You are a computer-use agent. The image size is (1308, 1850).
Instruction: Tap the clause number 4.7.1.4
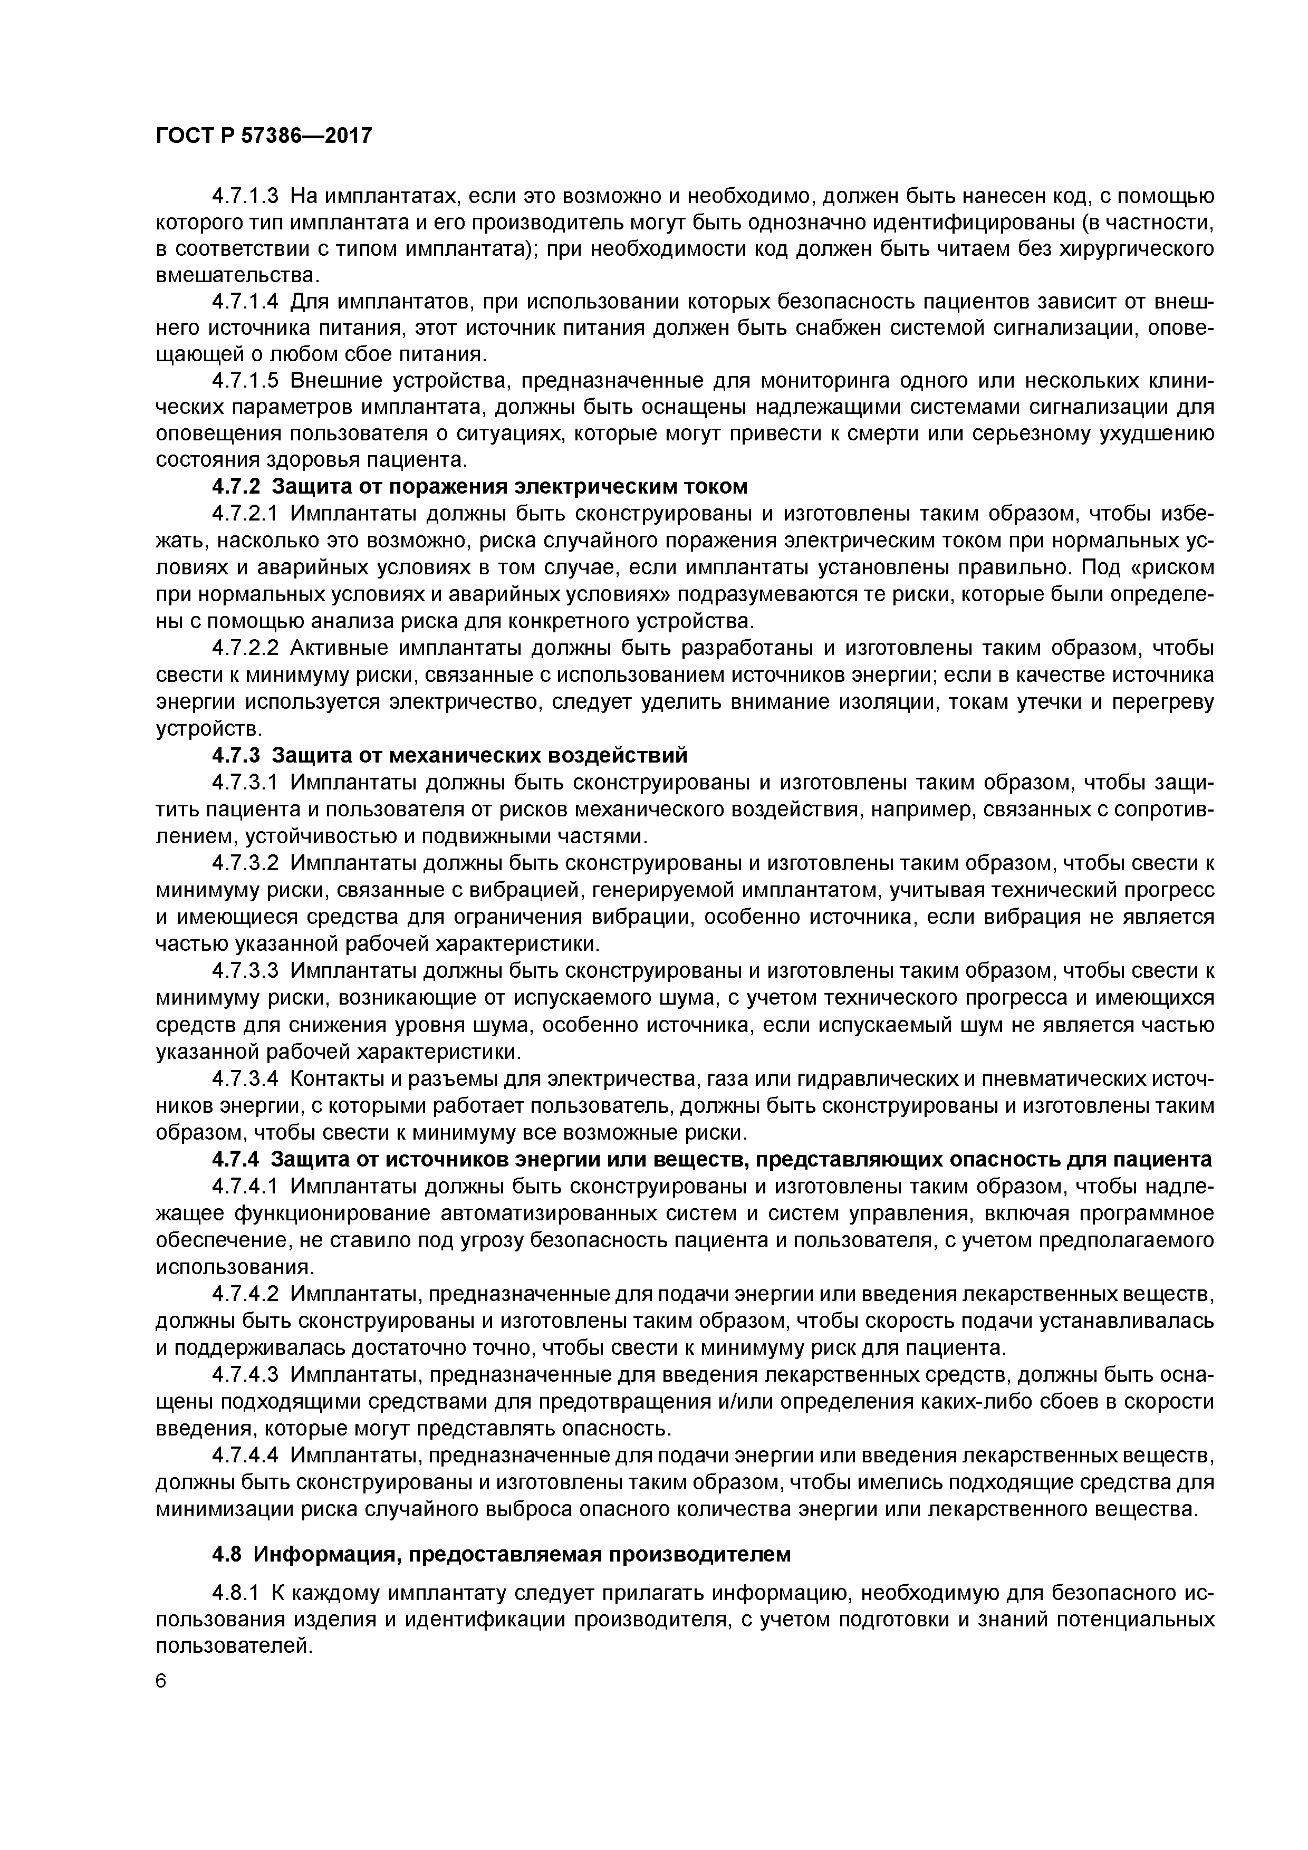[245, 302]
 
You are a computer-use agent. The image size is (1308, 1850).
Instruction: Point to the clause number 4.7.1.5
[245, 380]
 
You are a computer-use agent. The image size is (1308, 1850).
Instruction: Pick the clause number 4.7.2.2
[245, 649]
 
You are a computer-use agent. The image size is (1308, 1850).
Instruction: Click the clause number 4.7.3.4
[245, 1078]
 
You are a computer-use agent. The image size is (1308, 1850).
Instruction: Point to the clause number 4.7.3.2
[245, 863]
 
